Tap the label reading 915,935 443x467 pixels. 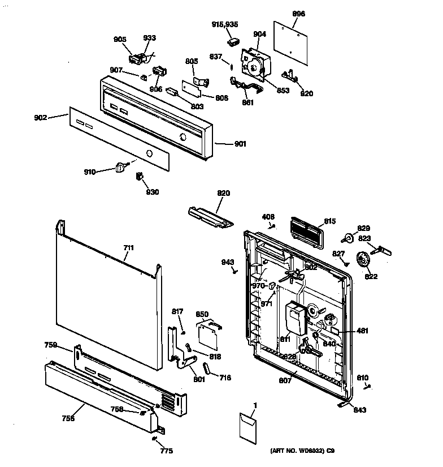click(224, 24)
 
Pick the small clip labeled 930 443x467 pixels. click(137, 178)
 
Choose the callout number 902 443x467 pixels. click(40, 118)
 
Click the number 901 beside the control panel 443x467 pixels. click(240, 144)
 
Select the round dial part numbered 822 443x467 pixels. click(362, 261)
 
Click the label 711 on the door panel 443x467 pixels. click(129, 248)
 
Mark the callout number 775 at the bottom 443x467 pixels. click(166, 451)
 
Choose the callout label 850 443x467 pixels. click(202, 314)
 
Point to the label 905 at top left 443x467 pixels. click(120, 39)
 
